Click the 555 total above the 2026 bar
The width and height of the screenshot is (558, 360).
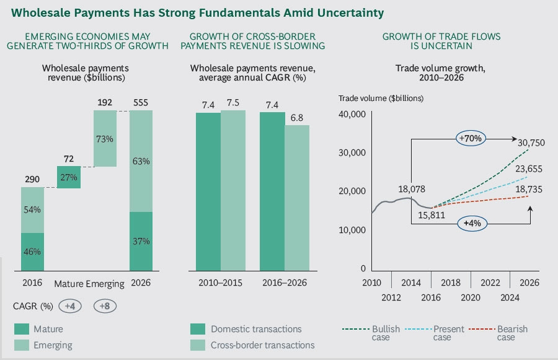[x=141, y=103]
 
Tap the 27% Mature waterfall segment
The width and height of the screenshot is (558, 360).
[x=69, y=176]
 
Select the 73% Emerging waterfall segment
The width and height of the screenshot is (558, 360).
[x=105, y=138]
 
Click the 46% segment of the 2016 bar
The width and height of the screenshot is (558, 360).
[x=33, y=252]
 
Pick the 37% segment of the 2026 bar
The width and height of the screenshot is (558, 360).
[x=141, y=241]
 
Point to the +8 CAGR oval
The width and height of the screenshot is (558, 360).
[x=105, y=306]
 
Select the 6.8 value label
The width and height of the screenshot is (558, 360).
[x=297, y=118]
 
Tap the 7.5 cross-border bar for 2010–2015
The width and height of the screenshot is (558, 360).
[x=233, y=190]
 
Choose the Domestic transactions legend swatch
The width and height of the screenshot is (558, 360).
[x=197, y=329]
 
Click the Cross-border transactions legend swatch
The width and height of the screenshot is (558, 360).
[x=197, y=345]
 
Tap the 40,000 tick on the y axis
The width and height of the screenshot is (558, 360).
[x=352, y=114]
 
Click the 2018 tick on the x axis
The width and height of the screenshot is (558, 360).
[x=451, y=283]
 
